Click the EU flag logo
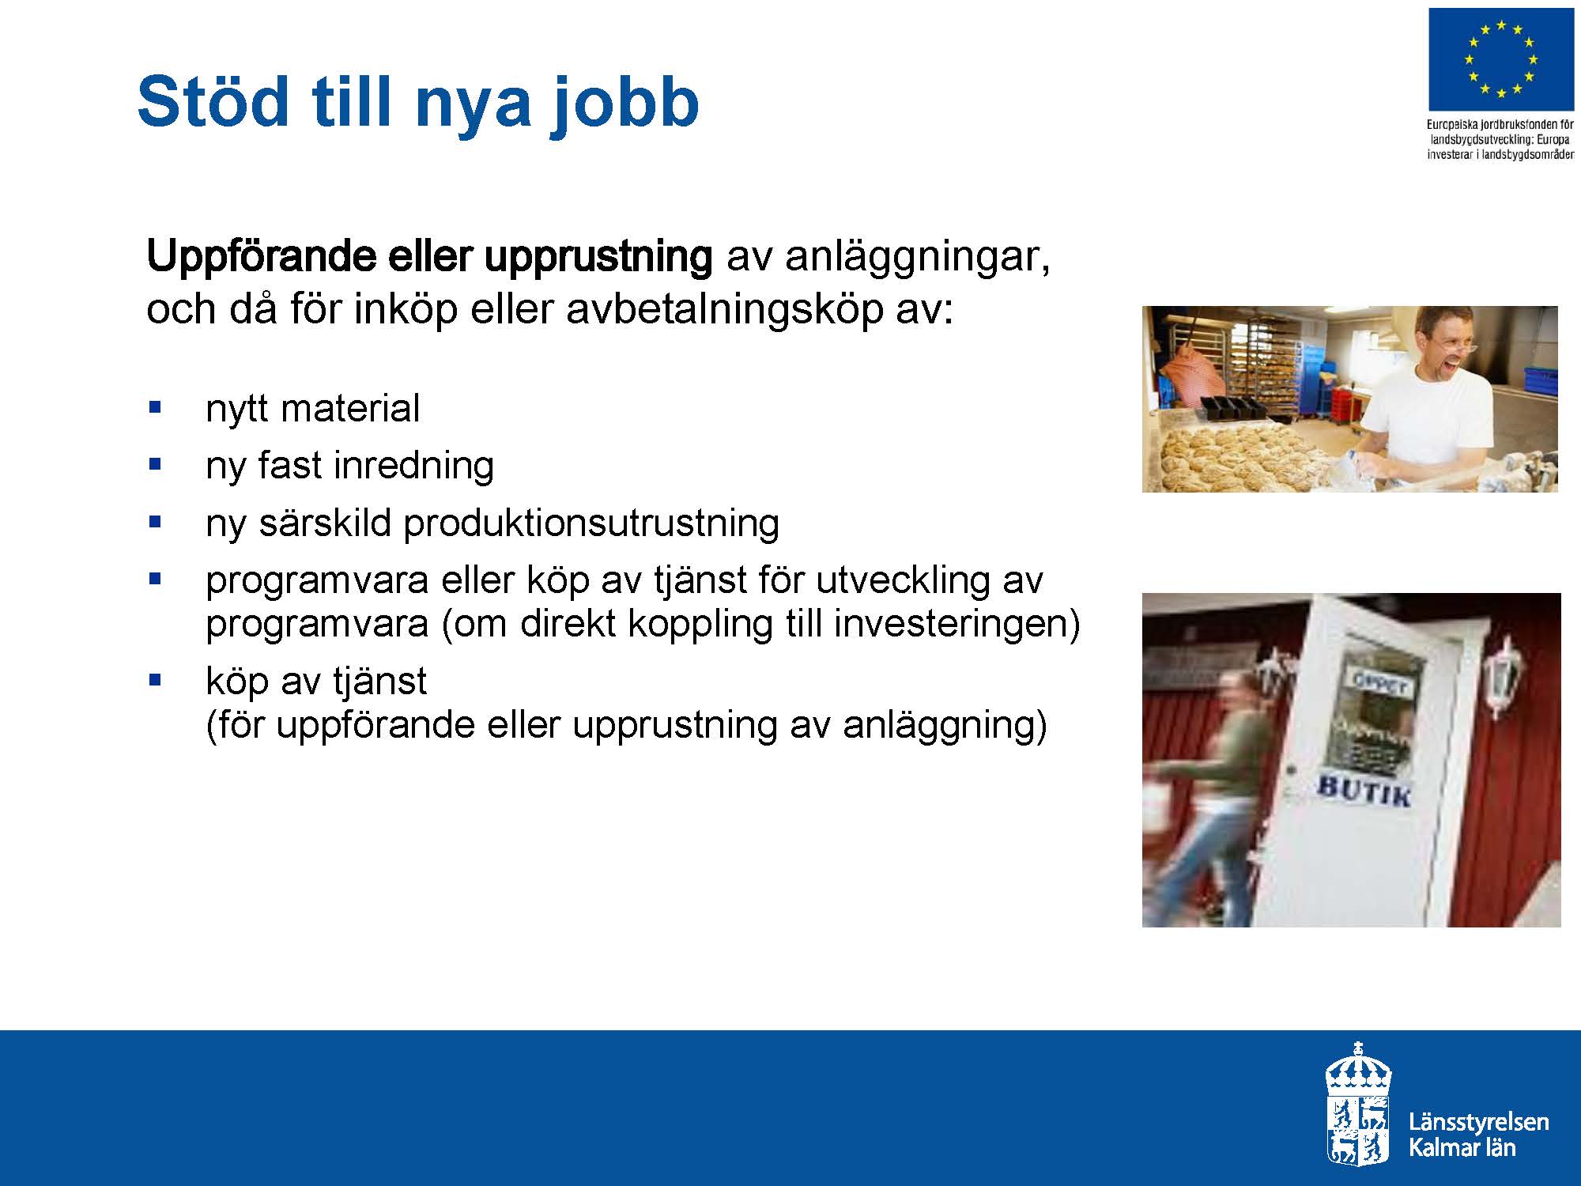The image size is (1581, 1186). (x=1500, y=59)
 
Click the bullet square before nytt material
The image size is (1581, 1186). (x=154, y=408)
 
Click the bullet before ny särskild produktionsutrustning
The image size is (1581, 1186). (x=154, y=522)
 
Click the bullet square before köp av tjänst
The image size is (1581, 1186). (x=154, y=679)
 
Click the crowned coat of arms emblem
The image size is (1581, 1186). (x=1358, y=1104)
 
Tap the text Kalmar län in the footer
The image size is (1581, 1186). (x=1462, y=1147)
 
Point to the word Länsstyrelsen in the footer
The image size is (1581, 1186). (x=1478, y=1121)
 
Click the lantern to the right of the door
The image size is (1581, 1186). (x=1503, y=676)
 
